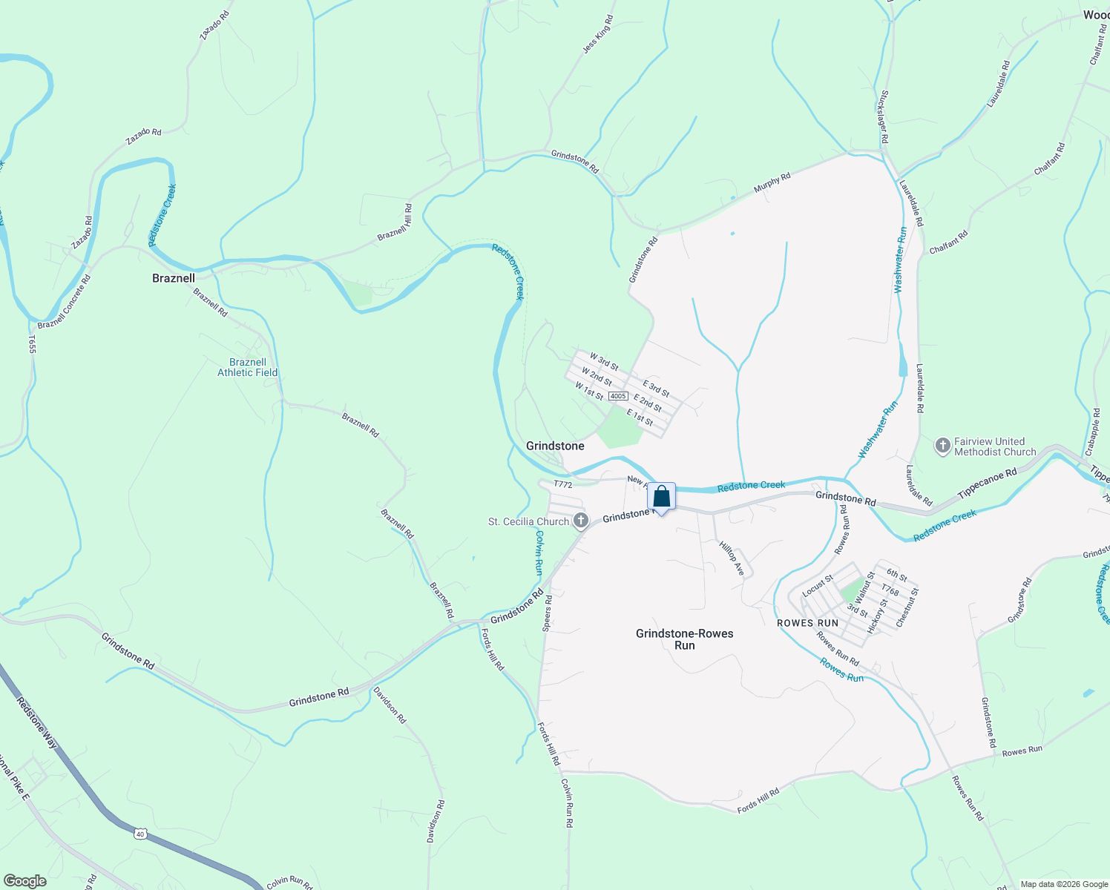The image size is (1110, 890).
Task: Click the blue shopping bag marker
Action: pos(662,497)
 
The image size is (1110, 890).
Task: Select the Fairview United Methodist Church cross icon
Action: pos(942,446)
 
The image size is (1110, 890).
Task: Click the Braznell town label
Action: pos(174,278)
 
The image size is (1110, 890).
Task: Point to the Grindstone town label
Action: pos(555,446)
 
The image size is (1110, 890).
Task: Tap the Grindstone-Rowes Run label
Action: pos(684,639)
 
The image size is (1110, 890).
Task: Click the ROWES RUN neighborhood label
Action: pos(807,623)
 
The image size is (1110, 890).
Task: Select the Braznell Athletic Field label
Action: pos(247,367)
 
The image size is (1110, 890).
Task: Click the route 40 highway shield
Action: pos(140,834)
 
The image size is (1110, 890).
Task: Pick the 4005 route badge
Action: pos(618,397)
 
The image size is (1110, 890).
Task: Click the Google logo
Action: pos(24,881)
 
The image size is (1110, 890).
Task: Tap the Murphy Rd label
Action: pos(772,183)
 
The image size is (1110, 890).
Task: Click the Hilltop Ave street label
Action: pos(732,558)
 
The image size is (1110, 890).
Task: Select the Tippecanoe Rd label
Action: pos(988,484)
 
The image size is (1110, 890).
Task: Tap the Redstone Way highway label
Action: pos(37,723)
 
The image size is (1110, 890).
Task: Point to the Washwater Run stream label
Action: pos(901,260)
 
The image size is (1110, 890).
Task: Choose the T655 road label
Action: pos(32,344)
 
